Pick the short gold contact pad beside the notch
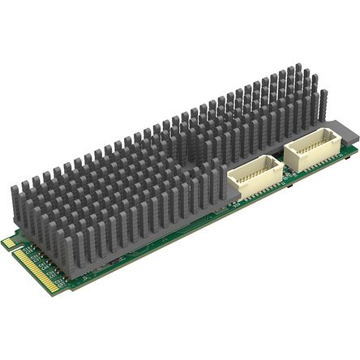coord(8,242)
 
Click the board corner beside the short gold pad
coord(3,241)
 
